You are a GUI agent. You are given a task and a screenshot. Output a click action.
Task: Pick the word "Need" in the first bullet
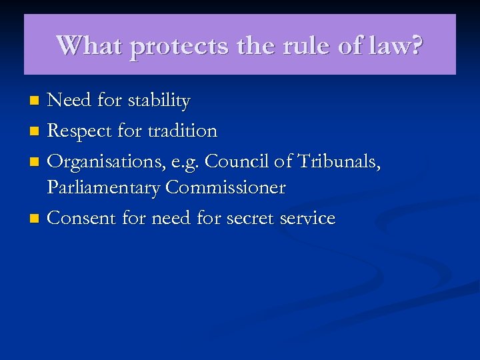(69, 101)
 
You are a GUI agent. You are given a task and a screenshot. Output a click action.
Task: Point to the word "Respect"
(79, 131)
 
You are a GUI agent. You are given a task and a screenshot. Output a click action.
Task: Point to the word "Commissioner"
(225, 188)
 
